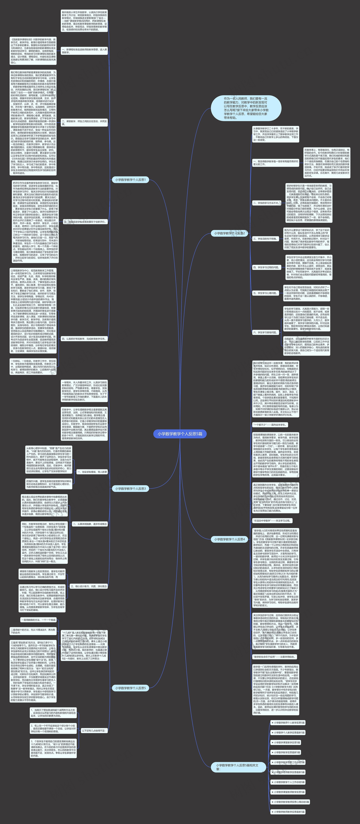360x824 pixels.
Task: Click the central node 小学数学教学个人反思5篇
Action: [180, 434]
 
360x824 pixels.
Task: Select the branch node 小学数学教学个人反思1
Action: [130, 180]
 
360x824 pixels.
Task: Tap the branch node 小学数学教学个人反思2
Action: [229, 233]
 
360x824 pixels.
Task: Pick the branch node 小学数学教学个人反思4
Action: [229, 539]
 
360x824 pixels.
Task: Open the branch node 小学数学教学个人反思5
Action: [130, 688]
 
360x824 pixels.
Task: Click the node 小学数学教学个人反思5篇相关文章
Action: [238, 767]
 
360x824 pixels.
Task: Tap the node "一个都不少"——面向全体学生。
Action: [270, 425]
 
